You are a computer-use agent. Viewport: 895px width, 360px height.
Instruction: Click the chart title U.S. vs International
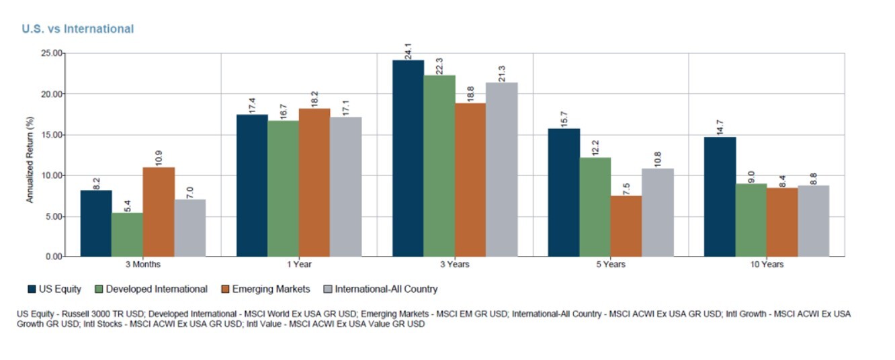tap(77, 29)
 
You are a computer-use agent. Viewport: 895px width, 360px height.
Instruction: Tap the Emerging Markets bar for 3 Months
tap(159, 212)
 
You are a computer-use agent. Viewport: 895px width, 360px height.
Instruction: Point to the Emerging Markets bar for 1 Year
tap(314, 182)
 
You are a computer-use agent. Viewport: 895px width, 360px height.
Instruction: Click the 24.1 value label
tap(408, 51)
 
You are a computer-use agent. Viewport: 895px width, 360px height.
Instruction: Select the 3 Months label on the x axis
tap(142, 265)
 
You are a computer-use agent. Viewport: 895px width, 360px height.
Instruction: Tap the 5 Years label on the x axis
tap(611, 265)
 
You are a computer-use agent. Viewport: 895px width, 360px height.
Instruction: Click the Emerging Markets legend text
tap(271, 289)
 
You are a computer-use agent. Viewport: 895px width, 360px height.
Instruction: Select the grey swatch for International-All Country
tap(328, 289)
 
